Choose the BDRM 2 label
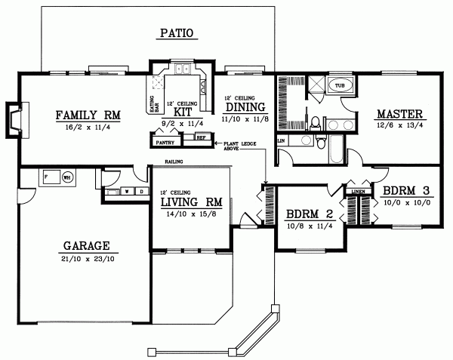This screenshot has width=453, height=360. click(x=309, y=213)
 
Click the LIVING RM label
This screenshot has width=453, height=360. click(x=190, y=202)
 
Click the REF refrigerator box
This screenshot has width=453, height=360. click(x=201, y=137)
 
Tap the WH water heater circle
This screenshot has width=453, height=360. click(x=66, y=178)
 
